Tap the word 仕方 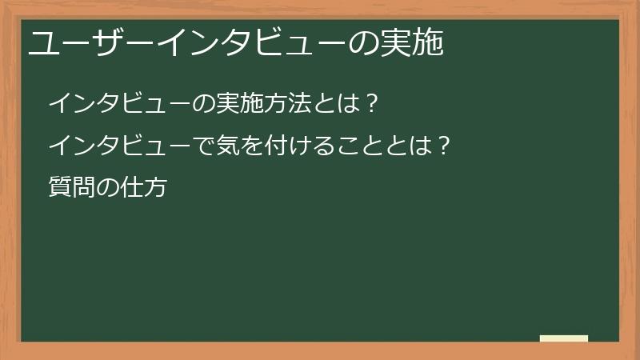pos(142,190)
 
